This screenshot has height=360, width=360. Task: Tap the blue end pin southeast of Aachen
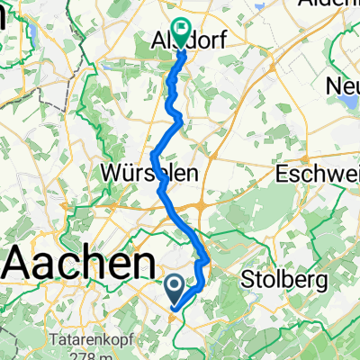pyautogui.click(x=175, y=288)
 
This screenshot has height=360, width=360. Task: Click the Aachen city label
pyautogui.click(x=79, y=265)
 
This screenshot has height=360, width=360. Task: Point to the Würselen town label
pyautogui.click(x=145, y=171)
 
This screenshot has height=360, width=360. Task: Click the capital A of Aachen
pyautogui.click(x=23, y=265)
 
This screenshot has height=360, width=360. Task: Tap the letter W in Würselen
pyautogui.click(x=115, y=171)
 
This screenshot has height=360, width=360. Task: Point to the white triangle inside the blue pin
pyautogui.click(x=175, y=286)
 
